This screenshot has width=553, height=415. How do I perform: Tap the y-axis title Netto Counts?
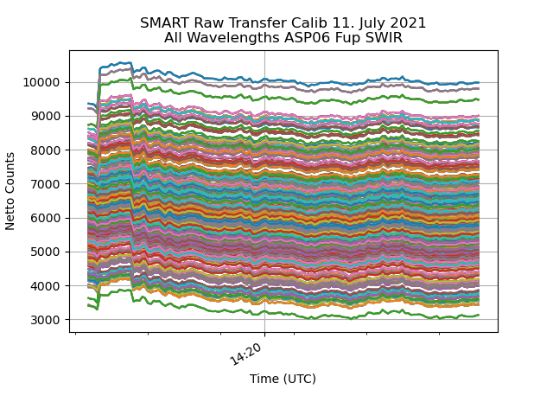coord(10,190)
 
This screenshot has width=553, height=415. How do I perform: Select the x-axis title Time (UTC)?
coord(283,379)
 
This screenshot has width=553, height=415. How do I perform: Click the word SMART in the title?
coord(162,23)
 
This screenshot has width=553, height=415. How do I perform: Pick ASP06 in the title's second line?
coord(304,38)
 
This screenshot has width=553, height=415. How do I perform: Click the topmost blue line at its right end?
coord(478,83)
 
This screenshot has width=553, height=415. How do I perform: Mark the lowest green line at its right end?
coord(478,315)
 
